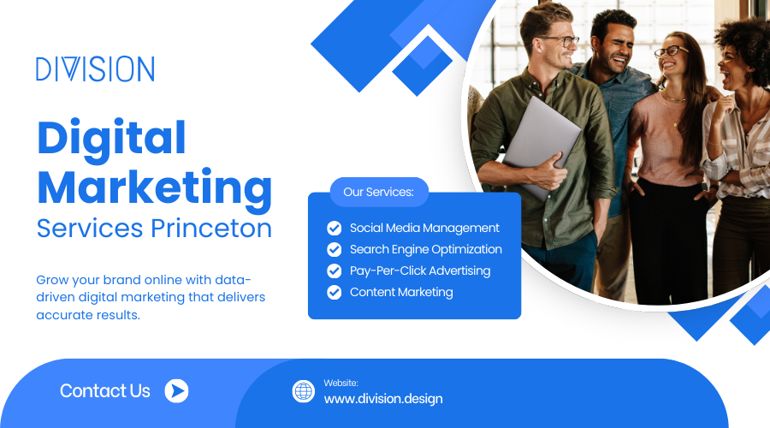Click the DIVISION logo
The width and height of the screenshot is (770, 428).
[x=95, y=68]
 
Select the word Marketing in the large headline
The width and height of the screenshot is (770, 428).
[x=155, y=189]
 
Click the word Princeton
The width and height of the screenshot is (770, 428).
[x=211, y=229]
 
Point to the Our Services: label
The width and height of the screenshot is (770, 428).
[x=379, y=192]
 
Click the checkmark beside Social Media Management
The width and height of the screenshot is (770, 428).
[x=335, y=228]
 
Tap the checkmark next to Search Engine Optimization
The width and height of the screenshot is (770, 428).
[x=335, y=250]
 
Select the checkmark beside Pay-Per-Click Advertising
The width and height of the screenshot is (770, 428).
[x=335, y=270]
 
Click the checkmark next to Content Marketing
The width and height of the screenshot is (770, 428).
[x=335, y=293]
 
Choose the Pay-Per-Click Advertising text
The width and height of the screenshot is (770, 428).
[x=420, y=270]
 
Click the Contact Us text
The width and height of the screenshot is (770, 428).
[x=105, y=391]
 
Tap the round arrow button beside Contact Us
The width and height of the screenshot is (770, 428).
[x=177, y=391]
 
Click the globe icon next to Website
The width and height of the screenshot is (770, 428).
[x=304, y=392]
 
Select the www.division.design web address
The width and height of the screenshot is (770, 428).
[x=383, y=399]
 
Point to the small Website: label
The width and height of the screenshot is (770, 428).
[x=341, y=383]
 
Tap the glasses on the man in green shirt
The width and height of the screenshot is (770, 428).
[x=560, y=42]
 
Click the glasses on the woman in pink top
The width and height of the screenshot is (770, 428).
[x=670, y=51]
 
